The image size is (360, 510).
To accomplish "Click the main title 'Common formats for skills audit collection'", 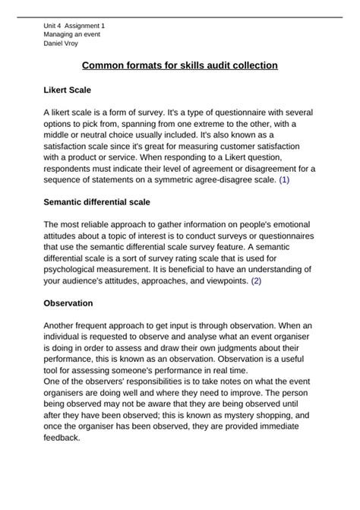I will [180, 66].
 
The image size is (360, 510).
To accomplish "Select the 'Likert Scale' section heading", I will [68, 90].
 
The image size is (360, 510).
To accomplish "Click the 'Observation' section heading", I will [68, 303].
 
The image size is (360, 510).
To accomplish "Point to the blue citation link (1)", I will [284, 180].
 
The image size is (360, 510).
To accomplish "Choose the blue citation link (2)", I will [256, 280].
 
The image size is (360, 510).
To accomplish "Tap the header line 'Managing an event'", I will [71, 34].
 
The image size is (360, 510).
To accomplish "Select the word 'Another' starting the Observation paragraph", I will [62, 325].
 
